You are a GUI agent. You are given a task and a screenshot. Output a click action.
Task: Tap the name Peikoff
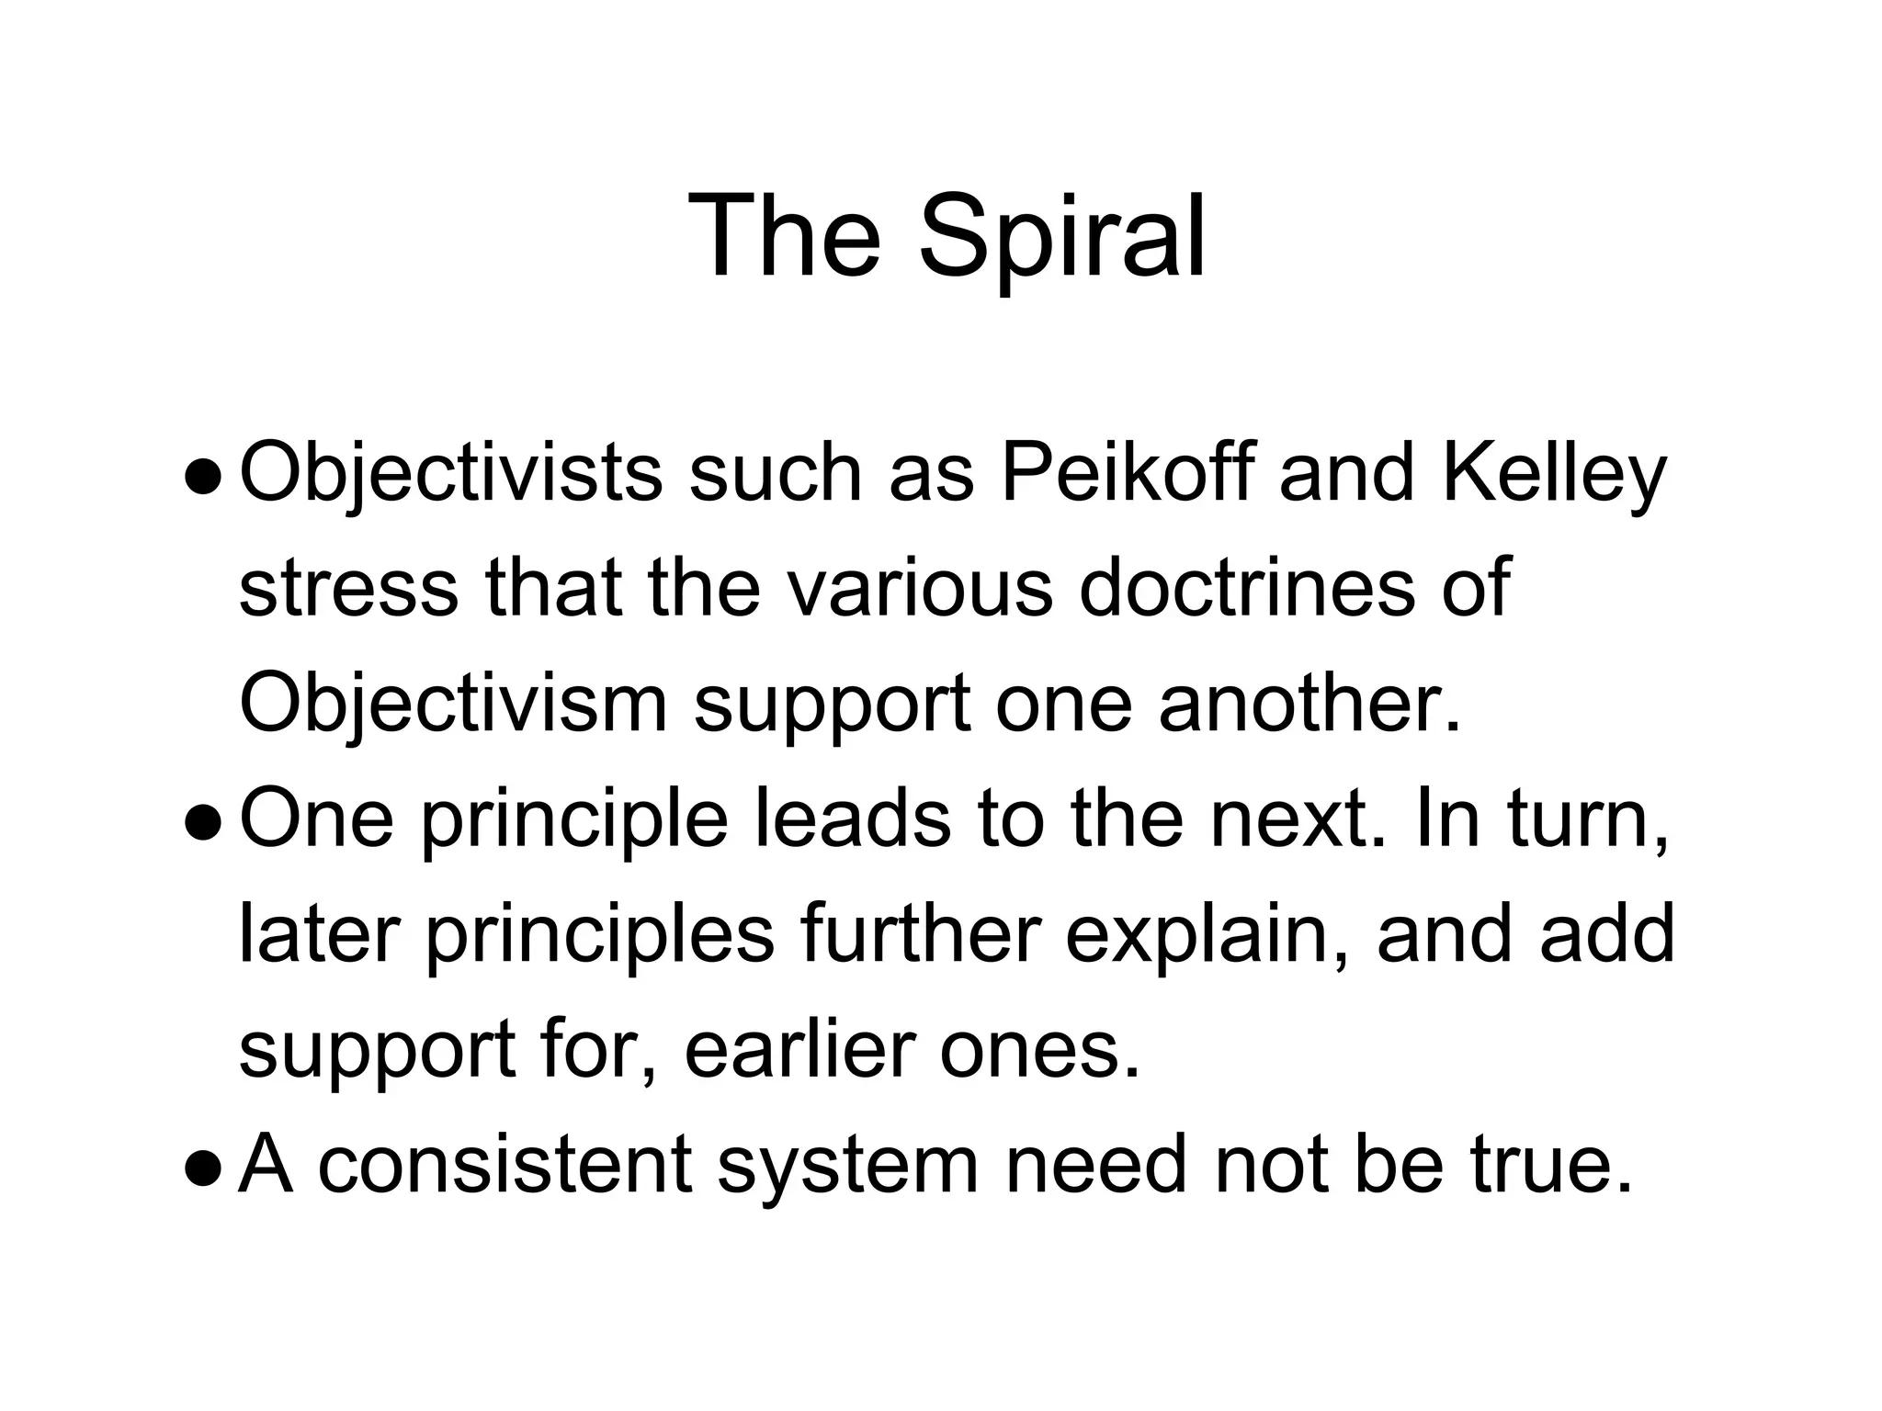point(1127,474)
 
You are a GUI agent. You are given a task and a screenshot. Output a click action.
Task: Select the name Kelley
point(1553,476)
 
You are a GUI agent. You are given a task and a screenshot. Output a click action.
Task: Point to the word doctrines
point(1246,588)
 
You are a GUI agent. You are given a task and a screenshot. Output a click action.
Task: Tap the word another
point(1309,704)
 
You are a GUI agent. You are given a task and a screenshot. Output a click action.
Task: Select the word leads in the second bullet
point(852,819)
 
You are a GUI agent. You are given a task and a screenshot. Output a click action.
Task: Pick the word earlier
point(799,1051)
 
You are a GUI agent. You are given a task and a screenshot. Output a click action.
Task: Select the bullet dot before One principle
point(203,822)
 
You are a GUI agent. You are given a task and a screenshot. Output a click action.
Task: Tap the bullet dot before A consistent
point(203,1168)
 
